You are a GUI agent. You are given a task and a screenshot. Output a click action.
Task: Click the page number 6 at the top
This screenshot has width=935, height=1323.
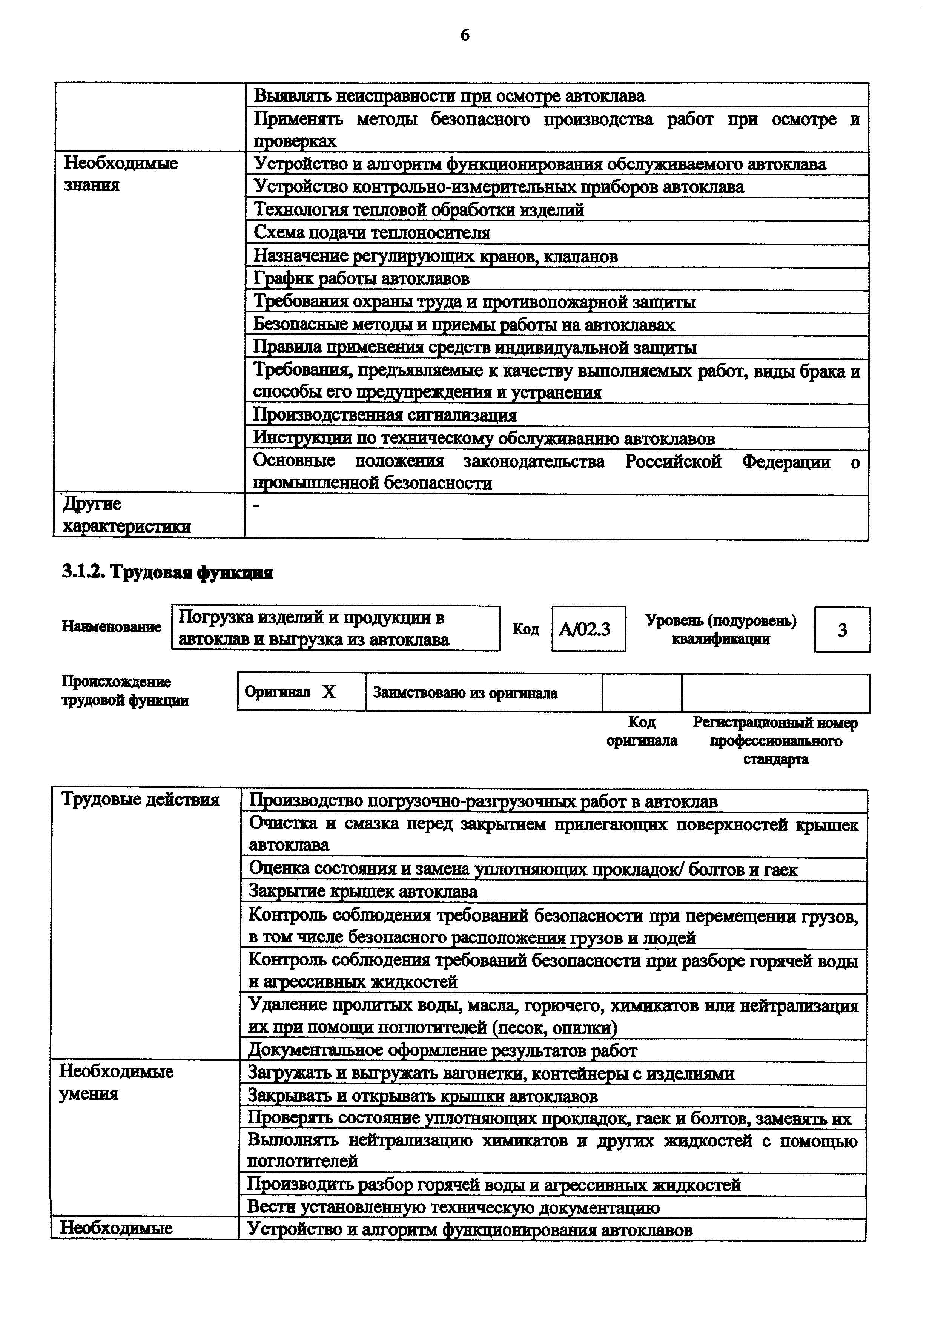point(465,36)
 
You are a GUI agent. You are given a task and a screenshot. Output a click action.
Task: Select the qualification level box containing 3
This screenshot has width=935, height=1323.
point(842,629)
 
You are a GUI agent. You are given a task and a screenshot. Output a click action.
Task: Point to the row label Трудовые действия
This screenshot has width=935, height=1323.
point(141,800)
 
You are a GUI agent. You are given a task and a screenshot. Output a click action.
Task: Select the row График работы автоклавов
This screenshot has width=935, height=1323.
point(362,279)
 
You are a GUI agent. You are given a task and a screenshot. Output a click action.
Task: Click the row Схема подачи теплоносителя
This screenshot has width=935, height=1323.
point(372,233)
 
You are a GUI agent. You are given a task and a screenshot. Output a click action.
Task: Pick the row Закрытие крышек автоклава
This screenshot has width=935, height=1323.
point(364,892)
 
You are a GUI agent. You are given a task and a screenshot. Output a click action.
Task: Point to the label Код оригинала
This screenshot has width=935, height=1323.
point(642,731)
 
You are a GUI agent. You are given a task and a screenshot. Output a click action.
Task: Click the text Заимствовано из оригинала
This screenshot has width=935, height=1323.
point(465,693)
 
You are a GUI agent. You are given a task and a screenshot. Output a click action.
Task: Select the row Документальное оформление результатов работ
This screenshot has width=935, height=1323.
point(442,1050)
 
